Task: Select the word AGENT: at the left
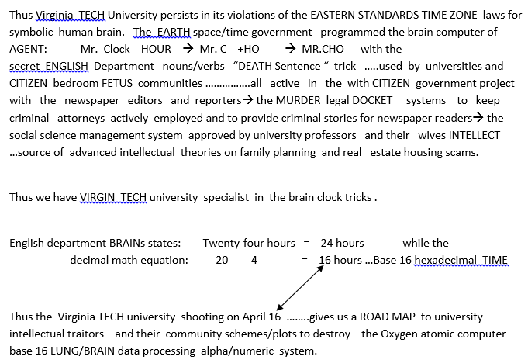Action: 28,49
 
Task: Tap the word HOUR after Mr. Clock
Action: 156,49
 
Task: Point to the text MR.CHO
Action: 323,49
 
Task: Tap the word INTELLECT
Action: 471,134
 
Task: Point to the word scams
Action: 462,151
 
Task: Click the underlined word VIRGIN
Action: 100,197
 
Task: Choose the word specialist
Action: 234,197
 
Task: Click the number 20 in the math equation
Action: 222,260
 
